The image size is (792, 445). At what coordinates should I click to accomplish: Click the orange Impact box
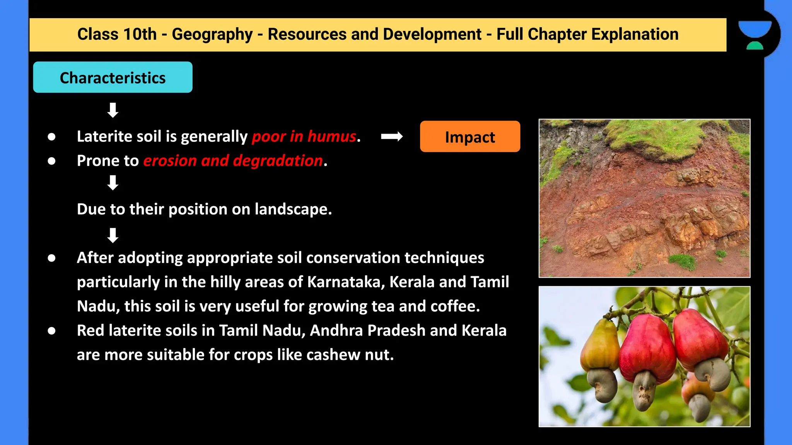point(470,136)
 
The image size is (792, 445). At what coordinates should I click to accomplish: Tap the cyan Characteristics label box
point(113,77)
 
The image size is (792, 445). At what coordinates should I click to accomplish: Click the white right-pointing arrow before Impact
point(392,136)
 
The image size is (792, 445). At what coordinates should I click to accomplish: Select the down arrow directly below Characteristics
point(113,110)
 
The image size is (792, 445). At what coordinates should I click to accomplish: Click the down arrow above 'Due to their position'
point(113,183)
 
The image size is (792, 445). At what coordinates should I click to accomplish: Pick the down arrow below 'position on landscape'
point(113,235)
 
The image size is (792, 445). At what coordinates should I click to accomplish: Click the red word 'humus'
point(332,136)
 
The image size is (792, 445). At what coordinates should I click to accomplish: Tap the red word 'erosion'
point(170,161)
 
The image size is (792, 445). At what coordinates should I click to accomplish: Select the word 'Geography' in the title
point(212,34)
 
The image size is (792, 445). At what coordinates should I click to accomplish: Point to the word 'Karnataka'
point(346,282)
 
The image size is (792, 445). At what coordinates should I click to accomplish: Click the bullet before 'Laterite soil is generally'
point(51,137)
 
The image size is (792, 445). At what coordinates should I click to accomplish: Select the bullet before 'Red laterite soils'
point(51,331)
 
